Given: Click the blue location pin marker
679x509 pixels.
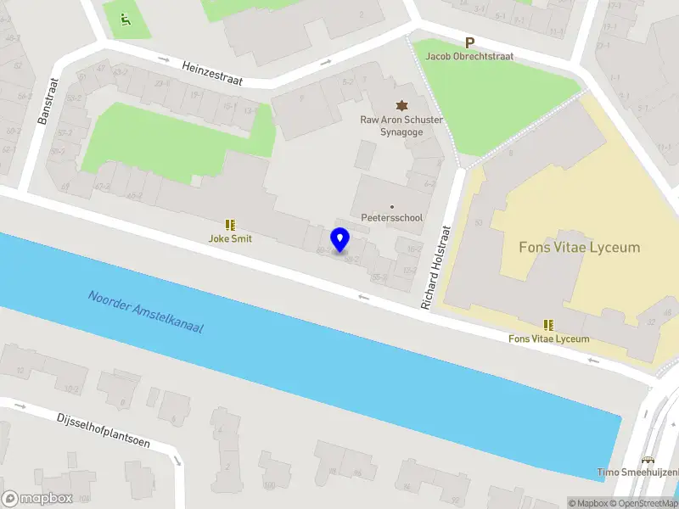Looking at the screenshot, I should [x=340, y=239].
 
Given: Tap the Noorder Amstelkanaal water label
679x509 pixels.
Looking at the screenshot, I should [x=145, y=311].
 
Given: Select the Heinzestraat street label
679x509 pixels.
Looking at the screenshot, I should [x=212, y=73].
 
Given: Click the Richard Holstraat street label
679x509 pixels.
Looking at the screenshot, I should [x=434, y=266].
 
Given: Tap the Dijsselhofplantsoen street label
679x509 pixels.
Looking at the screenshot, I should [x=104, y=429].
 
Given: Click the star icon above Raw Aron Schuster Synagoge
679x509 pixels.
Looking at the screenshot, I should [x=401, y=105].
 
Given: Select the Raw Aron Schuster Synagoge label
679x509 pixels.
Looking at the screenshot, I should [x=401, y=126].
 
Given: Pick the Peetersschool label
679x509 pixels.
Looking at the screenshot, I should [x=391, y=218].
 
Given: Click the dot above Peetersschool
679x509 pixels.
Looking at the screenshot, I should [x=391, y=206].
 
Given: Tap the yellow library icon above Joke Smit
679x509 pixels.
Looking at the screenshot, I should [x=230, y=225].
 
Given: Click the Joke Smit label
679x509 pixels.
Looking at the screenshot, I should [x=230, y=239].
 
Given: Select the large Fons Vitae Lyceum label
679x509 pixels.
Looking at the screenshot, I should [x=579, y=248].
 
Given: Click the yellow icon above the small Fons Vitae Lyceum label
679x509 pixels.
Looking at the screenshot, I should [x=548, y=325].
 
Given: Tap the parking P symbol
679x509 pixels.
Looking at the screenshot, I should [x=469, y=42].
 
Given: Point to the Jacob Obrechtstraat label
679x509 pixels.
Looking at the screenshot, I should [x=469, y=57].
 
